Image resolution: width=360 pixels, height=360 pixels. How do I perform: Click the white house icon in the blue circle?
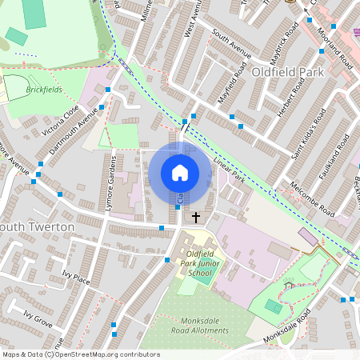[179, 172]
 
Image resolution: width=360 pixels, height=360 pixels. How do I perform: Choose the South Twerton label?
[37, 227]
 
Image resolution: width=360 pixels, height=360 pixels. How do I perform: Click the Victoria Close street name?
[61, 120]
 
